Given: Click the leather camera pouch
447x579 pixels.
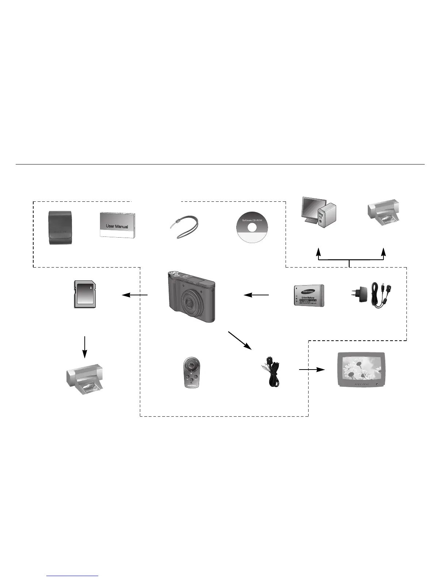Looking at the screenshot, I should tap(61, 227).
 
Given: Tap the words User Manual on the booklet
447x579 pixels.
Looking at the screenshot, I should tap(117, 226).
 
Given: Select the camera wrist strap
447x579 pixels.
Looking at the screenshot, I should tap(184, 227).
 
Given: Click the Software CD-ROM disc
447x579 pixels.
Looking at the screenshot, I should tap(252, 227).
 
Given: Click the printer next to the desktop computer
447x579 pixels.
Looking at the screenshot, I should tap(383, 213).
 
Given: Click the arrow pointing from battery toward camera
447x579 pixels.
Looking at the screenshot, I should tap(256, 295).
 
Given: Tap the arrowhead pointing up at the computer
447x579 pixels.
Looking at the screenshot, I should tap(318, 252).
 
